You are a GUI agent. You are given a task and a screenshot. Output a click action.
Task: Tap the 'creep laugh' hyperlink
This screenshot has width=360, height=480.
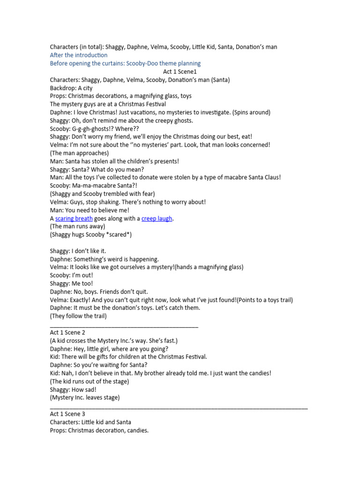pos(157,218)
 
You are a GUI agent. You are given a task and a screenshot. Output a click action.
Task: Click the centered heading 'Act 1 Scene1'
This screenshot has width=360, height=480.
pos(180,72)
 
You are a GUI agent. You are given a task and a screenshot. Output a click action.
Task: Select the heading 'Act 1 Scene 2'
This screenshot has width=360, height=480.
pos(67,332)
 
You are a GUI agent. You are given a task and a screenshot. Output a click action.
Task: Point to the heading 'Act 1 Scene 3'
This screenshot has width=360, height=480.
pos(67,414)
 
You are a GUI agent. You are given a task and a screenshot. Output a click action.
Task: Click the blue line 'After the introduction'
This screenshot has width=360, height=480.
pos(79,55)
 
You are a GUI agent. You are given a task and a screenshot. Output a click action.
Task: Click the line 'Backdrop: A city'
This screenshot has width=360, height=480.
pos(73,88)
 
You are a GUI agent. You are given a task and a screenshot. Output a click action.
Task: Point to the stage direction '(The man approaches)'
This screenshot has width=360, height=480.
pos(79,153)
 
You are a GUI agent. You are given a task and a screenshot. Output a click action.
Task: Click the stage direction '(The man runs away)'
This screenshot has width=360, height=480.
pos(77,226)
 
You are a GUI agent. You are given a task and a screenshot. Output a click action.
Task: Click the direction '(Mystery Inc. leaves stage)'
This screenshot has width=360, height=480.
pos(85,397)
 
